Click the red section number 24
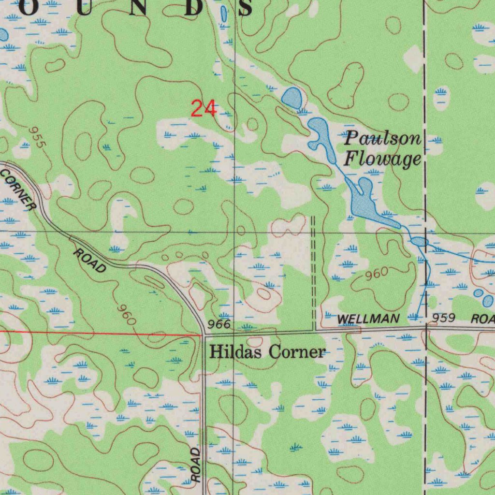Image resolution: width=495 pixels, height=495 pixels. pos(203,108)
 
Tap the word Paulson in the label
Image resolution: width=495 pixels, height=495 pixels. pos(382,139)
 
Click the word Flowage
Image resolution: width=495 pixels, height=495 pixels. pos(382,159)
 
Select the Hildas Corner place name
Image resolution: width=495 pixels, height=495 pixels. pos(267,352)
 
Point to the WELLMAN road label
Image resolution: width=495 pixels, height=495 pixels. pos(368,319)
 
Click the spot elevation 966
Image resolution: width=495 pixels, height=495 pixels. pos(219,324)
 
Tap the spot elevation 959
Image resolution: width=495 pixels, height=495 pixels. pos(444,318)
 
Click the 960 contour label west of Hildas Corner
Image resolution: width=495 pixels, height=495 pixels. pos(127,315)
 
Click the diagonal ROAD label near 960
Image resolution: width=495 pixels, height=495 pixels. pos(90,261)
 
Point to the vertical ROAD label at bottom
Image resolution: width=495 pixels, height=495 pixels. pos(195,464)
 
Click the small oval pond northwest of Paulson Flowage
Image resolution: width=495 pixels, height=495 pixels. pos(292,98)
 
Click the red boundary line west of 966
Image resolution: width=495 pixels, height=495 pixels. pos(97,333)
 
